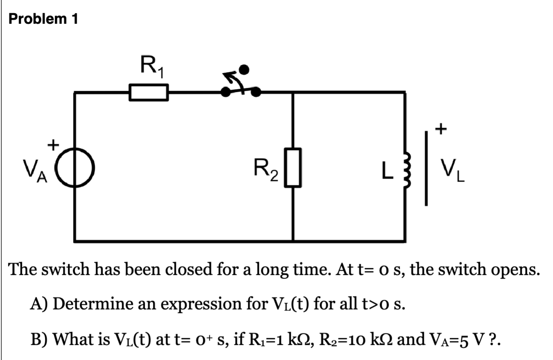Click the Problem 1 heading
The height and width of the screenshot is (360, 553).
[x=43, y=19]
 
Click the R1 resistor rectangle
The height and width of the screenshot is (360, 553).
[x=148, y=92]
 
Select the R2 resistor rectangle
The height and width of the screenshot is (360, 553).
[x=293, y=168]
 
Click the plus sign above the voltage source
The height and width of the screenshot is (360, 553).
[x=52, y=144]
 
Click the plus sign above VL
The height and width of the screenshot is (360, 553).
[x=440, y=130]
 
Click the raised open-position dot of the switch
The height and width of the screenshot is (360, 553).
[x=244, y=70]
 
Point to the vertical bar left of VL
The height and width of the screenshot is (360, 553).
[x=426, y=168]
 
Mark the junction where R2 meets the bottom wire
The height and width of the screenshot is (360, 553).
[x=293, y=241]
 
